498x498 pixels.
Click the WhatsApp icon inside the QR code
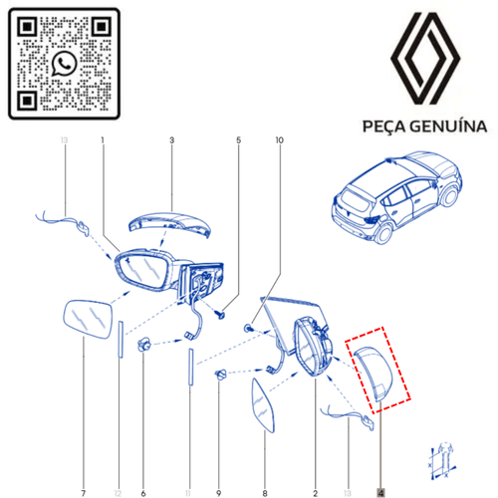64,64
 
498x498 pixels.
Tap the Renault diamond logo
425,59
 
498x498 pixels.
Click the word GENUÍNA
448,126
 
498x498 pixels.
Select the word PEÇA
384,126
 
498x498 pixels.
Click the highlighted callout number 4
380,493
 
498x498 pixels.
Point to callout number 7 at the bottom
84,493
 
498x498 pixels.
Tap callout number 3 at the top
171,140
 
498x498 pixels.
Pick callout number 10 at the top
280,140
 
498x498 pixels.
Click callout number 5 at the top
238,140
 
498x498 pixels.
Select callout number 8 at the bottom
265,493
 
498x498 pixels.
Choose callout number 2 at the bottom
315,493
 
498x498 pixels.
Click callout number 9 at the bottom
218,493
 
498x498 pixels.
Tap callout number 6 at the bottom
143,493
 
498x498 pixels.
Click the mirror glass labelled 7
87,319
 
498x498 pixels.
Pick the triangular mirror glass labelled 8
262,406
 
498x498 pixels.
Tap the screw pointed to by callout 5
220,314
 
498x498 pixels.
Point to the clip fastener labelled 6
144,346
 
